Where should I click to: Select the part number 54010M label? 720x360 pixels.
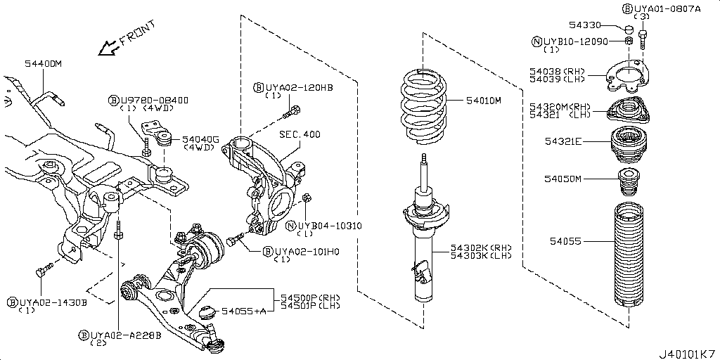pyautogui.click(x=483, y=101)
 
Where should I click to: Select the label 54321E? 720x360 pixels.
pyautogui.click(x=563, y=141)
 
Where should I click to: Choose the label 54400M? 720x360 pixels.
pyautogui.click(x=43, y=64)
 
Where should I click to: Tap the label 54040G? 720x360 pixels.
pyautogui.click(x=201, y=140)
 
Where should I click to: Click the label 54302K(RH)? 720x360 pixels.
pyautogui.click(x=482, y=248)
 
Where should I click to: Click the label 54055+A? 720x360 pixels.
pyautogui.click(x=244, y=311)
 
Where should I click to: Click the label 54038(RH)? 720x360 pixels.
pyautogui.click(x=558, y=71)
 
